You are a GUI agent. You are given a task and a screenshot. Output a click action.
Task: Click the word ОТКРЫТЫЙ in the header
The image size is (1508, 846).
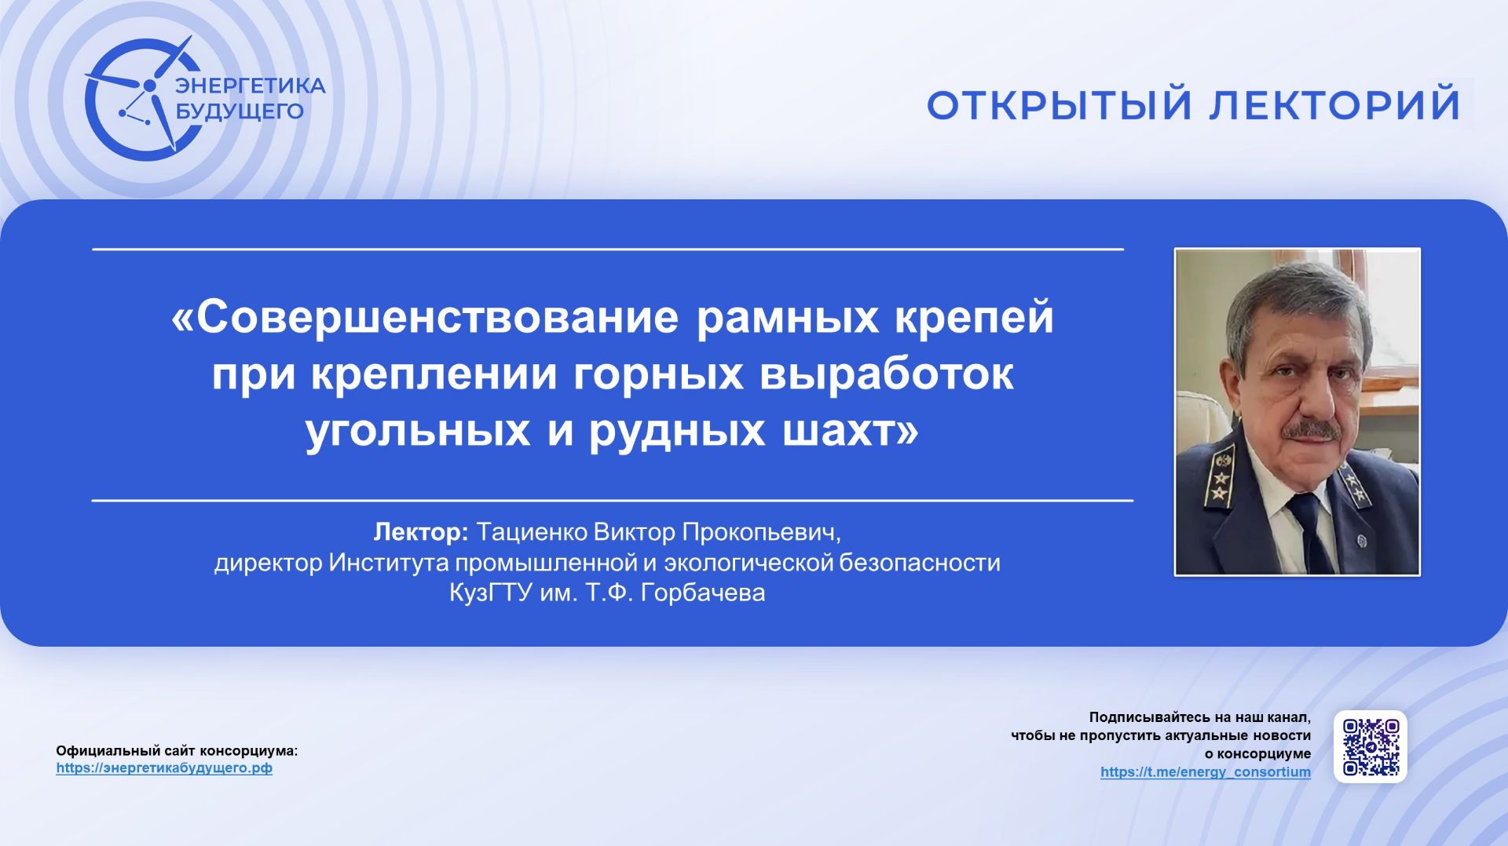click(x=1059, y=105)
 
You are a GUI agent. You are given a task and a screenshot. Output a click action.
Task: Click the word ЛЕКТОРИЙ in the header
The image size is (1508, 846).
click(x=1334, y=105)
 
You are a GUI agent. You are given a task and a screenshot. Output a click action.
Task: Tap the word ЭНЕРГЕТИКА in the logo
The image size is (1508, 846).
click(x=250, y=86)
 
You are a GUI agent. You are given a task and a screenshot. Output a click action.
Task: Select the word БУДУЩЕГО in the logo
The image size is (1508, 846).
click(x=239, y=111)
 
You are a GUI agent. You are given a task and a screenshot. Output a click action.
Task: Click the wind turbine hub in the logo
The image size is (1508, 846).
click(x=149, y=85)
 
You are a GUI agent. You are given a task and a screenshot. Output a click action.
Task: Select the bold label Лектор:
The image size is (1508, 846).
click(x=421, y=532)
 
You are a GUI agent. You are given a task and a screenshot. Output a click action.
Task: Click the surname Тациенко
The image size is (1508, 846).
click(x=532, y=532)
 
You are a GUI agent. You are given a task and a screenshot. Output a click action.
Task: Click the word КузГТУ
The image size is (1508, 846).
click(x=491, y=593)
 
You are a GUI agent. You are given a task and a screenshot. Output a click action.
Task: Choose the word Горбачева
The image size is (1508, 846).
click(x=703, y=593)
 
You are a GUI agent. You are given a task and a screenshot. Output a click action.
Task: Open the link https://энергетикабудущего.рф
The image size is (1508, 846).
click(x=164, y=768)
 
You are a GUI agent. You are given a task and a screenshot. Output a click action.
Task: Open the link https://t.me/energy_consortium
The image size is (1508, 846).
click(x=1205, y=772)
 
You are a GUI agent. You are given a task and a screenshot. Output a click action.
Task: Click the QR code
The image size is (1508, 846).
click(x=1370, y=747)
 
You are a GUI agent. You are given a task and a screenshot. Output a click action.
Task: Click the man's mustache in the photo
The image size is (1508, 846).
click(x=1310, y=431)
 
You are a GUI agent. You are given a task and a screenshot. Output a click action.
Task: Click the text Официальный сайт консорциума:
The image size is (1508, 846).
click(x=177, y=751)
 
